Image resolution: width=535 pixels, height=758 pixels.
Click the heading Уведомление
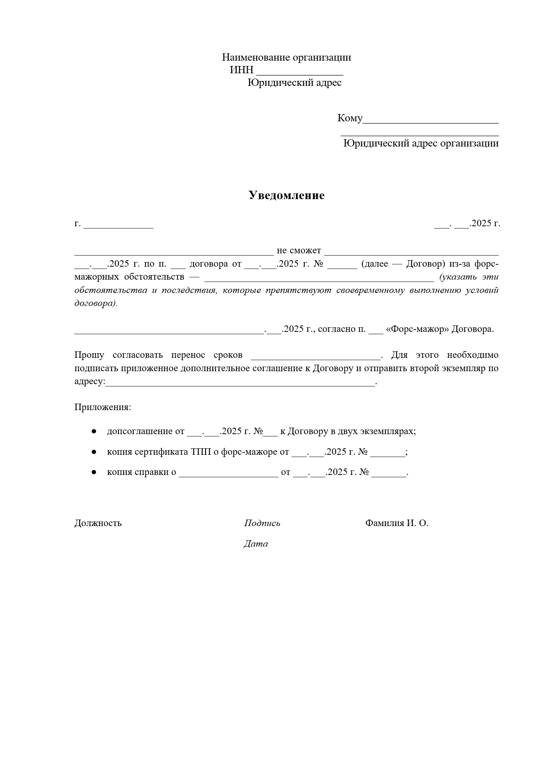click(286, 195)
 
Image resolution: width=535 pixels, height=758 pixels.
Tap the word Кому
click(350, 118)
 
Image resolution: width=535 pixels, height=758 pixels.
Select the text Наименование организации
click(286, 58)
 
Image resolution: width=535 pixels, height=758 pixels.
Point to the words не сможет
click(299, 251)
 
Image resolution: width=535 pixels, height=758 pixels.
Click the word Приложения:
click(103, 407)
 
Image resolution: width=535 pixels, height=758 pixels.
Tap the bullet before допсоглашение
click(94, 431)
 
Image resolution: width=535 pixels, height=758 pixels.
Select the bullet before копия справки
click(94, 472)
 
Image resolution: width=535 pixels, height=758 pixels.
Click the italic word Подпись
click(262, 523)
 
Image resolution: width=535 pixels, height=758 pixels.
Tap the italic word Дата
click(255, 544)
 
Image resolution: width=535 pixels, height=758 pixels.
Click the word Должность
click(98, 523)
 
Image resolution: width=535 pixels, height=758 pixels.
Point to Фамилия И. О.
click(396, 523)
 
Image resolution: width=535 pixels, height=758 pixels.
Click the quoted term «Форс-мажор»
click(417, 329)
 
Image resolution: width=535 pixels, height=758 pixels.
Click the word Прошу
click(89, 355)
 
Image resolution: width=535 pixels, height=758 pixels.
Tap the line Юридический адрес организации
click(421, 143)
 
